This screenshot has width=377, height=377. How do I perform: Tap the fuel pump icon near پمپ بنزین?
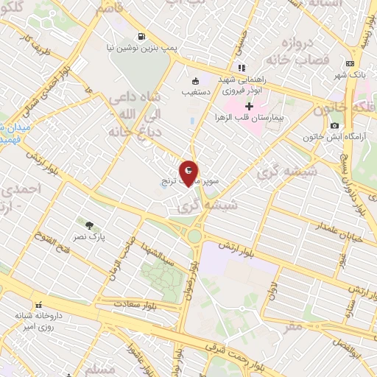click(141, 35)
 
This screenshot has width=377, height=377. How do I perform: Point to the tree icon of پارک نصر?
click(88, 225)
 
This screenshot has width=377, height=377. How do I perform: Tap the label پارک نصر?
click(93, 238)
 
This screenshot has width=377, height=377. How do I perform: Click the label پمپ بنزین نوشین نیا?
click(142, 47)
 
